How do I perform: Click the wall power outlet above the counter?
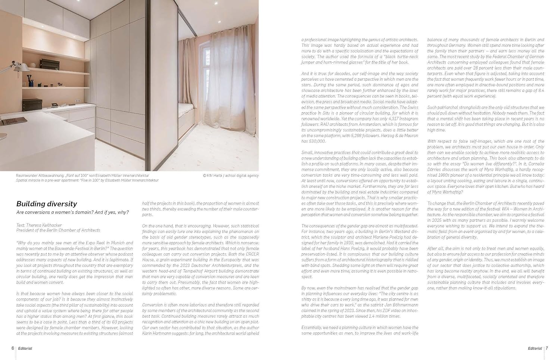(78, 101)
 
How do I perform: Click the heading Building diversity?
(47, 204)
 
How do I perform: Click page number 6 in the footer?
(13, 348)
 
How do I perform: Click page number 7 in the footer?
(547, 348)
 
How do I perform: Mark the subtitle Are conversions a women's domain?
(72, 212)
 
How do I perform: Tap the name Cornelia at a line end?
(536, 164)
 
